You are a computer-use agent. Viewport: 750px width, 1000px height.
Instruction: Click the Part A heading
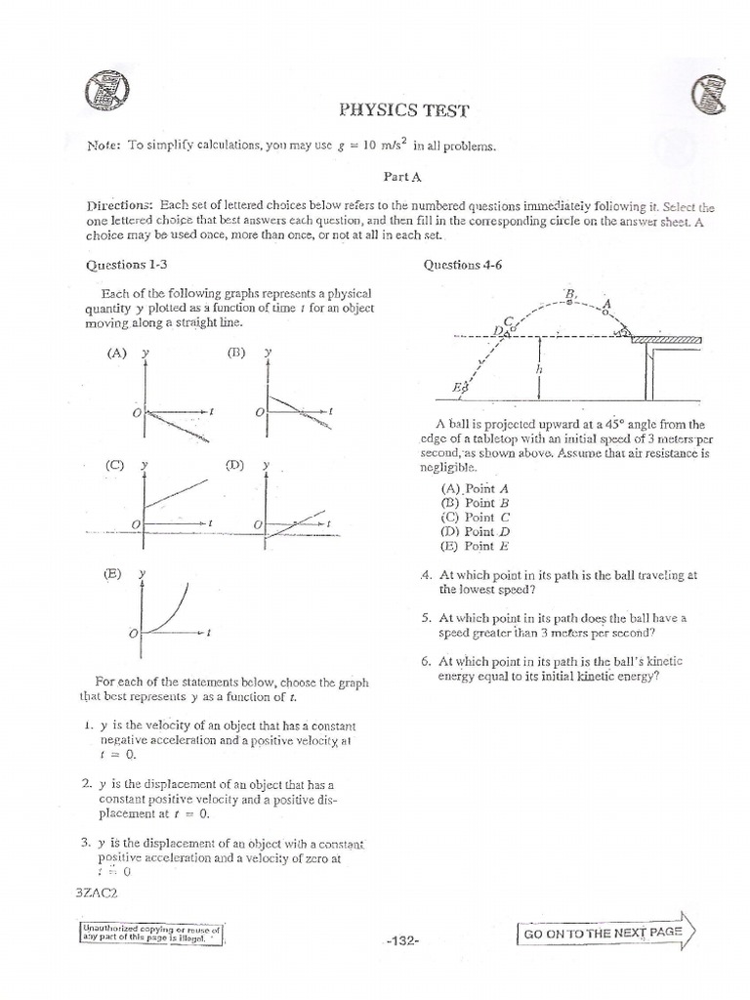click(395, 179)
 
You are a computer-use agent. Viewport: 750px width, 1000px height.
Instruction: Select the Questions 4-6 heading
click(462, 265)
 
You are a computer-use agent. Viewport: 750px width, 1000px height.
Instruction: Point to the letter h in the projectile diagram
click(539, 370)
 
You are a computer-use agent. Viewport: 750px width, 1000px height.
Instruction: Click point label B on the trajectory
click(569, 292)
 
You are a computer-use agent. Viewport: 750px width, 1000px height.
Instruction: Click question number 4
click(424, 576)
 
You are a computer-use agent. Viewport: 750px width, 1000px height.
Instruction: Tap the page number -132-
click(402, 940)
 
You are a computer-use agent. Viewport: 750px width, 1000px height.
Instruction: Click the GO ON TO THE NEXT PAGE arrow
click(605, 933)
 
